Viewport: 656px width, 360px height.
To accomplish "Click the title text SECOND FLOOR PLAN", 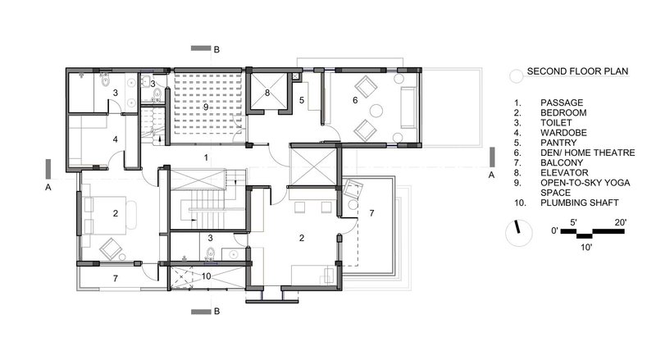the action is [577, 71].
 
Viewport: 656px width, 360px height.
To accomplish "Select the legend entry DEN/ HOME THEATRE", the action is [587, 153].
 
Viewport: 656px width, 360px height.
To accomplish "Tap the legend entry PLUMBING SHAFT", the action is [579, 203].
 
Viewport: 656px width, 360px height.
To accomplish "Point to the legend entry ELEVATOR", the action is [564, 172].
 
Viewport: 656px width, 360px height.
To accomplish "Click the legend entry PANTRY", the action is [558, 143].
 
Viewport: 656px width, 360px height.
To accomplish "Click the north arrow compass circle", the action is [519, 233].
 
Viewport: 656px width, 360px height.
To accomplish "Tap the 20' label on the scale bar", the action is [621, 222].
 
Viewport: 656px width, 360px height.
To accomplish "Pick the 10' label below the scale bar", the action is [586, 248].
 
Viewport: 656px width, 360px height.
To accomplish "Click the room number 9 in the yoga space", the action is [206, 107].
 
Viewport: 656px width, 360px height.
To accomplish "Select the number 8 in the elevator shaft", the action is [267, 93].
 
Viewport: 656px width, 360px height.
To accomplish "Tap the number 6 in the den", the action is [355, 100].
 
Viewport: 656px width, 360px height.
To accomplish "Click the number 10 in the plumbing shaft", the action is [207, 276].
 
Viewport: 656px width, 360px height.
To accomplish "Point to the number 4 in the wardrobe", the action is [116, 139].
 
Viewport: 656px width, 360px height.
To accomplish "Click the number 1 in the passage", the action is [206, 157].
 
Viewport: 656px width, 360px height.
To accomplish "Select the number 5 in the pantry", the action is [302, 101].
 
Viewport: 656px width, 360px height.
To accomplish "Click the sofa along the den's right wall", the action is [408, 107].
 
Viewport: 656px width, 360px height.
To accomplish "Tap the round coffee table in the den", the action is [376, 111].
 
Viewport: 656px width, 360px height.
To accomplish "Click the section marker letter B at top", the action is [216, 49].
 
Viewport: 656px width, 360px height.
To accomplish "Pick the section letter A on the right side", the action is [491, 175].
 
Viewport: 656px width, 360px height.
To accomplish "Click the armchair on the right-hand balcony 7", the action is [353, 189].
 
